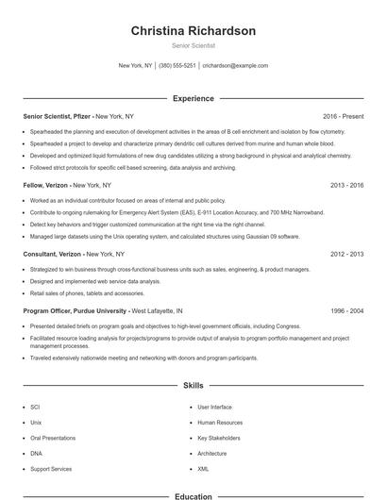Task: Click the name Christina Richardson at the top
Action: click(x=193, y=31)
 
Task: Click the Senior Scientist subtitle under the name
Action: click(x=193, y=45)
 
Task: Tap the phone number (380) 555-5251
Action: click(x=177, y=66)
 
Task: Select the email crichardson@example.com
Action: click(x=235, y=66)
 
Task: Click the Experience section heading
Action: click(x=193, y=98)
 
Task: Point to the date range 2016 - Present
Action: click(x=343, y=116)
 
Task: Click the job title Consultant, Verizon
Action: click(x=54, y=255)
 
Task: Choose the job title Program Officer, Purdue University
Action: click(x=76, y=310)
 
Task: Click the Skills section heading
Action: click(x=193, y=386)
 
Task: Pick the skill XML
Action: click(x=203, y=469)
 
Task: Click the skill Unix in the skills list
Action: click(x=36, y=423)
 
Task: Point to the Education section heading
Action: click(x=193, y=495)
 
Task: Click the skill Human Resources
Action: click(x=220, y=423)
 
